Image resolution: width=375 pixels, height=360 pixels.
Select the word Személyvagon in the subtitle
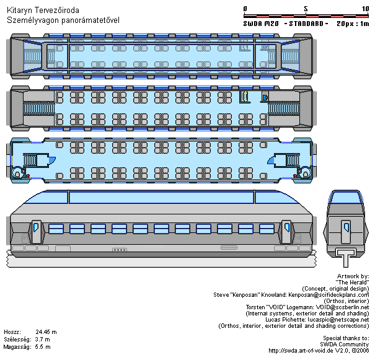[x=33, y=20]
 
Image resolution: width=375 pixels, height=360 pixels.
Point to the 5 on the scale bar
[x=306, y=9]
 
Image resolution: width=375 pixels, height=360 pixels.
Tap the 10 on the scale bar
[x=366, y=9]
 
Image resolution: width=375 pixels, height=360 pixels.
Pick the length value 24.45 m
[x=46, y=331]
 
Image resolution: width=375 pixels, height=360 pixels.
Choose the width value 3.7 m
[x=42, y=340]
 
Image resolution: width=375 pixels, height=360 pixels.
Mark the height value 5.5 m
[x=43, y=347]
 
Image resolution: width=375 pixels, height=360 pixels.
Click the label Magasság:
[x=17, y=347]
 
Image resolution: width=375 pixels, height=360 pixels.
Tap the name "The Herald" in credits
[x=352, y=283]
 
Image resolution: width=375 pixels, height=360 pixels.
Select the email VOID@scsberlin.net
[x=343, y=307]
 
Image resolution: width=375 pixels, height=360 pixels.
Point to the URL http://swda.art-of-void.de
[x=301, y=351]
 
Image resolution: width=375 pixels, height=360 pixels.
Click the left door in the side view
[x=37, y=232]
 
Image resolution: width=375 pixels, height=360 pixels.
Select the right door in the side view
[x=286, y=232]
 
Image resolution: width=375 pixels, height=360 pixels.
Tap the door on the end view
[x=346, y=232]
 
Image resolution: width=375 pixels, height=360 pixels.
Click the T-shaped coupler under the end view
[x=346, y=257]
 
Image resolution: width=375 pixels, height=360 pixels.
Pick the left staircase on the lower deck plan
[x=30, y=160]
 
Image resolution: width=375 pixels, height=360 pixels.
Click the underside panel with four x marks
[x=120, y=250]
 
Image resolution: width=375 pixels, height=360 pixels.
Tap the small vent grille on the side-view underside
[x=229, y=248]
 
